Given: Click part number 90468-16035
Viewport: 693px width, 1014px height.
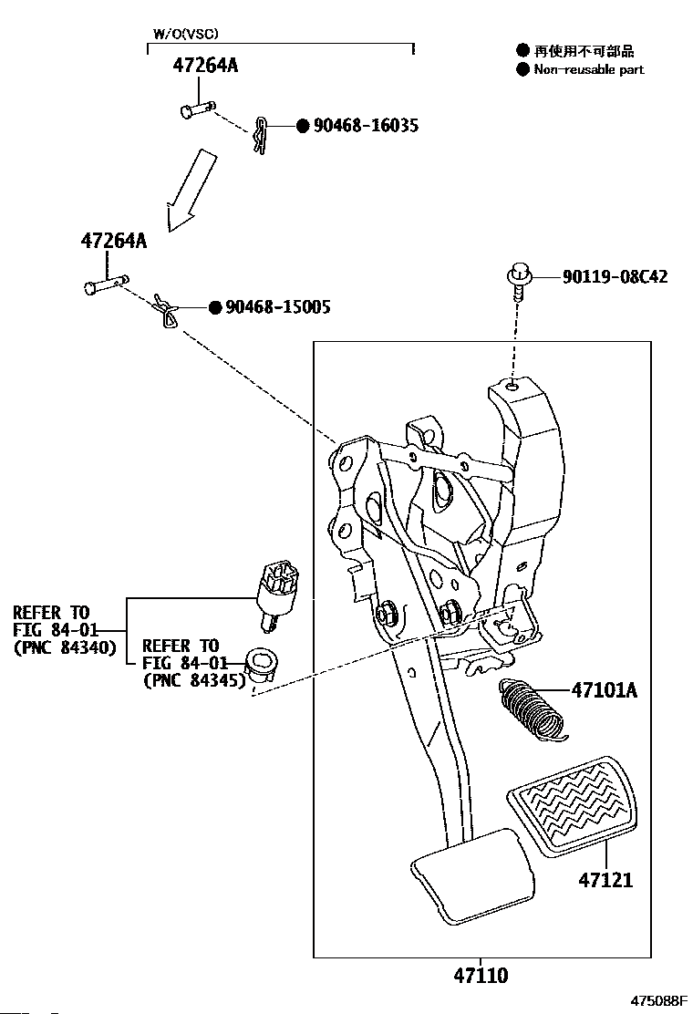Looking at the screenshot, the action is tap(366, 126).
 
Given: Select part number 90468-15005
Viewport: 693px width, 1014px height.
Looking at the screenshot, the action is tap(278, 306).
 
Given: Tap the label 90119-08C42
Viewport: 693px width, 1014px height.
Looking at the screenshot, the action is tap(615, 277).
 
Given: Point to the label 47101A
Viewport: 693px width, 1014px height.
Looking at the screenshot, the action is tap(605, 690).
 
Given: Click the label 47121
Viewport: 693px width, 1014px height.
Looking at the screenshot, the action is tap(605, 879).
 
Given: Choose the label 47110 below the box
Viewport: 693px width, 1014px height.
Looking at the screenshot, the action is tap(481, 975).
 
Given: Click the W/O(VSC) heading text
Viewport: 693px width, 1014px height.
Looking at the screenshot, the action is tap(185, 34).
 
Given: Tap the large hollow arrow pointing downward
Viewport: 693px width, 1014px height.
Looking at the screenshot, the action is tap(191, 190).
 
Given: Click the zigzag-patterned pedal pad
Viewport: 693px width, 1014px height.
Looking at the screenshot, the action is tap(573, 806).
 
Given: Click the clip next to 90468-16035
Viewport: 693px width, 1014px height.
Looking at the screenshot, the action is tap(261, 136).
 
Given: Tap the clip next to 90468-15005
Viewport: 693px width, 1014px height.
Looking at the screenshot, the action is tap(167, 311).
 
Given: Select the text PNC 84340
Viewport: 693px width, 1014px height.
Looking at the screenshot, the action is tap(66, 647).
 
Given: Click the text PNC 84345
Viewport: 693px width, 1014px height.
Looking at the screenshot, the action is tap(194, 680).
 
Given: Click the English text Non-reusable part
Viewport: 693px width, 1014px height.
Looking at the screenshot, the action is tap(589, 70).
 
